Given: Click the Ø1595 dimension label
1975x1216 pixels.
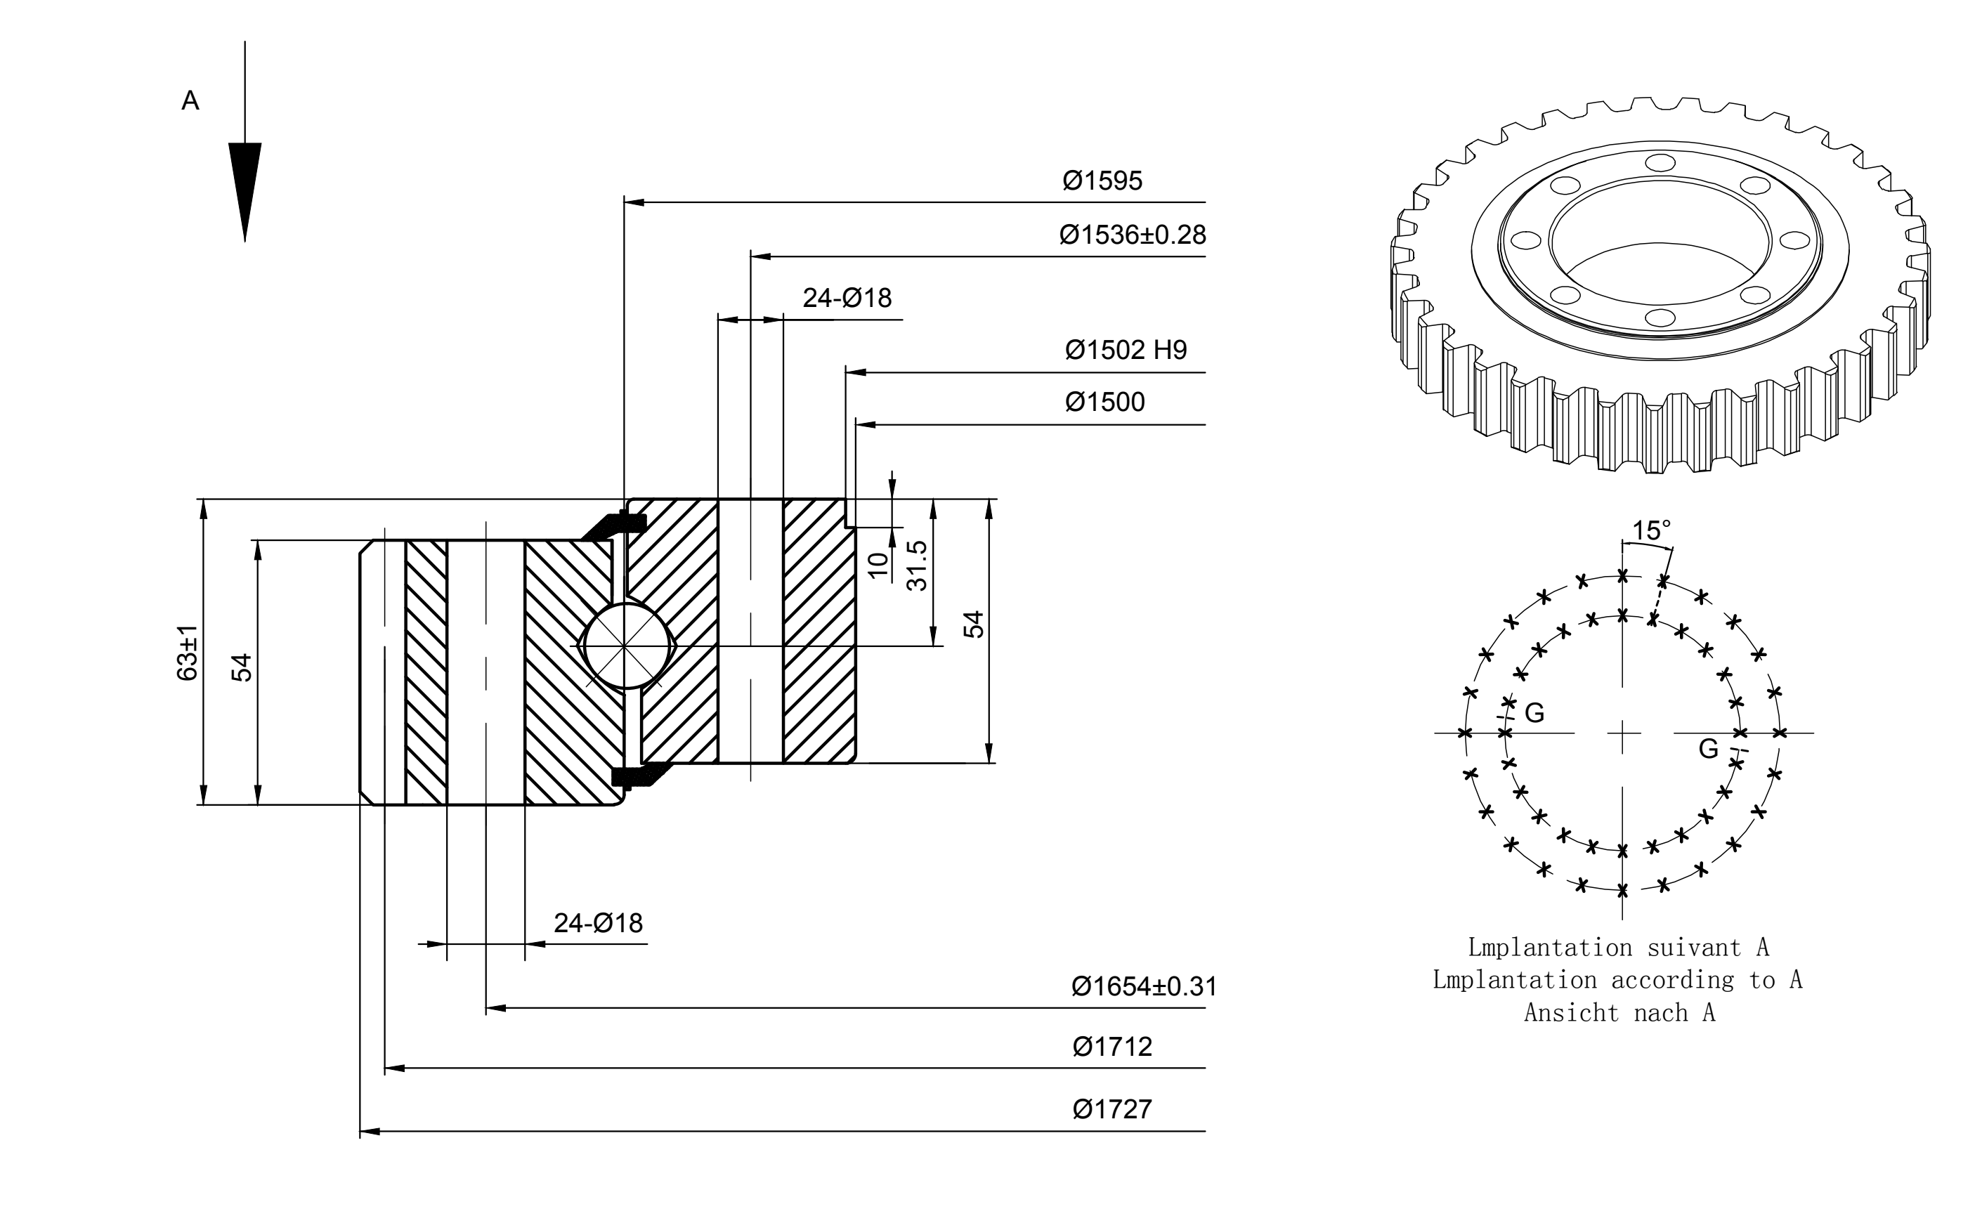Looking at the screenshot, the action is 1102,181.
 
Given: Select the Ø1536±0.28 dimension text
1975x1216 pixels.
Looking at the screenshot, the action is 1133,235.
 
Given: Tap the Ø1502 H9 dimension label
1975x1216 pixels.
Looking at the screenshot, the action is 1126,350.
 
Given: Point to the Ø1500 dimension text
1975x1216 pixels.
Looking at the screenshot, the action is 1105,402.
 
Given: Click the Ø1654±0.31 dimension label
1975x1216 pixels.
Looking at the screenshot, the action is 1144,986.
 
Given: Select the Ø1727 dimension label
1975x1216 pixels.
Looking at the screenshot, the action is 1112,1109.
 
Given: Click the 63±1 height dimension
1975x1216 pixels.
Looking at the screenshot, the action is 188,652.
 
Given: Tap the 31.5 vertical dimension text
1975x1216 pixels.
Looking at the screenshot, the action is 918,565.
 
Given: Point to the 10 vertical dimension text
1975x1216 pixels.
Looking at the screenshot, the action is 879,565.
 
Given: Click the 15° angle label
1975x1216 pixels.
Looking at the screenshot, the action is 1651,531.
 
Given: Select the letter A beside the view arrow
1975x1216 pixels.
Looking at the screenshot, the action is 190,100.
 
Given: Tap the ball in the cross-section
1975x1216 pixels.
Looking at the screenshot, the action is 625,646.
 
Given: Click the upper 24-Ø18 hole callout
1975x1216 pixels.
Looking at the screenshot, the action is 847,299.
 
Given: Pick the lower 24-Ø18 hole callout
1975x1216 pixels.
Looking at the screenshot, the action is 599,923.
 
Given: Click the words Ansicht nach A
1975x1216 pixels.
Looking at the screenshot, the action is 1619,1012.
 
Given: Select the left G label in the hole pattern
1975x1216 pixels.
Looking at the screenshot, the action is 1534,712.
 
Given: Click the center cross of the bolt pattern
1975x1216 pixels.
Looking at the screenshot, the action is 1623,733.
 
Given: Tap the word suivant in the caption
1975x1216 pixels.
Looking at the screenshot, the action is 1693,948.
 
